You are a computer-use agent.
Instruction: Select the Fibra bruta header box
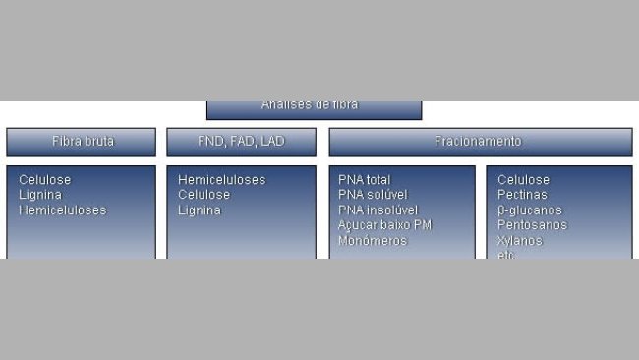(x=82, y=142)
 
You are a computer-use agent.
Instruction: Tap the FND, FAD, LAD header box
(x=241, y=142)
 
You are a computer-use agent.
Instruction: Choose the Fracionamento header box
(x=479, y=142)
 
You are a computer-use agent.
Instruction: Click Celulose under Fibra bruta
(x=44, y=180)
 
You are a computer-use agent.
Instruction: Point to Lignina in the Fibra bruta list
(x=39, y=195)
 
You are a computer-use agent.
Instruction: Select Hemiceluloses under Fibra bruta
(x=62, y=210)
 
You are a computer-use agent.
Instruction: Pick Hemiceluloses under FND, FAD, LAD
(x=221, y=180)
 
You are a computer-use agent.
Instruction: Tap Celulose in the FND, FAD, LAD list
(x=203, y=195)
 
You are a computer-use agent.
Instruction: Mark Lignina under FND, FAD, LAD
(x=200, y=210)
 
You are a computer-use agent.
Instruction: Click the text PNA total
(x=364, y=180)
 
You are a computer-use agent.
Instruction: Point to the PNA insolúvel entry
(x=378, y=210)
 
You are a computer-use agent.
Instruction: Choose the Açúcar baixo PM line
(x=384, y=225)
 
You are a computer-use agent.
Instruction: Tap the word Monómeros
(x=372, y=241)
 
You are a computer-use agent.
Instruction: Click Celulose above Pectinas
(x=523, y=180)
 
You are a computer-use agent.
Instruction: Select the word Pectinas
(x=522, y=195)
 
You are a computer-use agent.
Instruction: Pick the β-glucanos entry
(x=529, y=210)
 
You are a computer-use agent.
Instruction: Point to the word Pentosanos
(x=532, y=225)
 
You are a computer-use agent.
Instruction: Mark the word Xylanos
(x=519, y=241)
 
